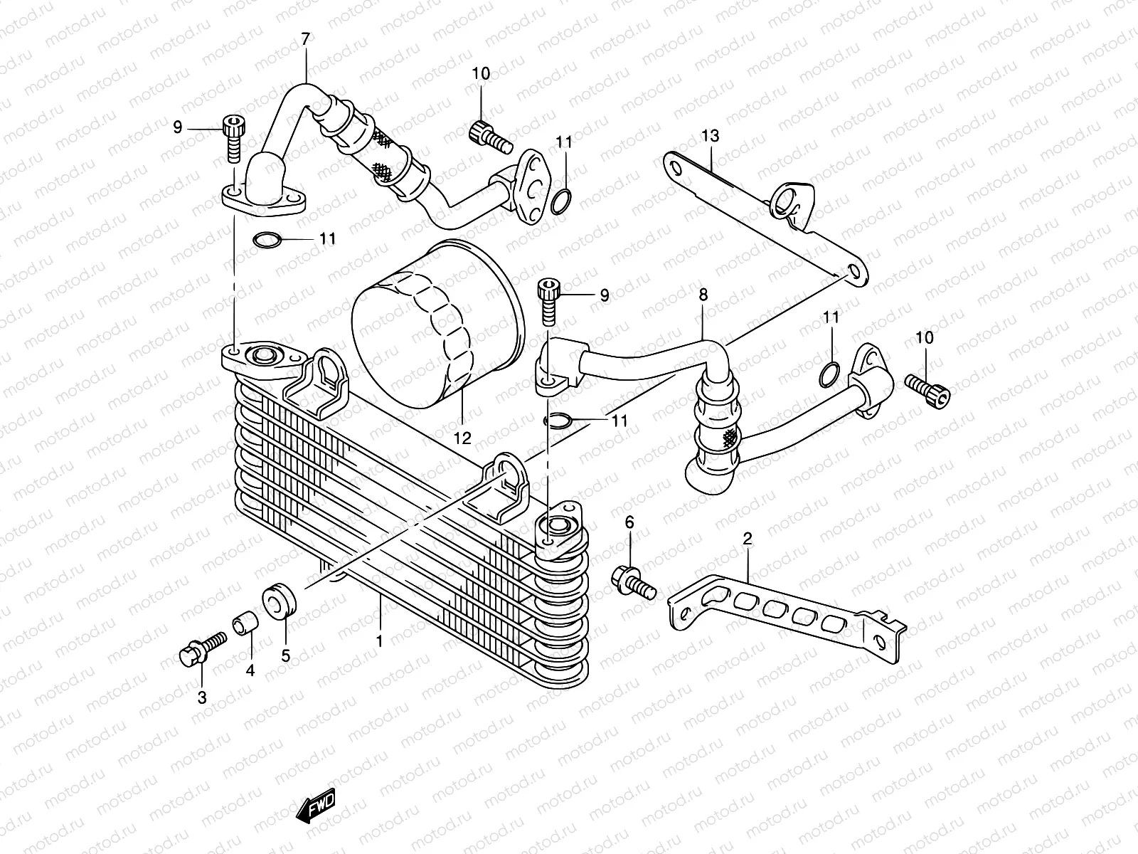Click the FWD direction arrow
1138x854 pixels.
point(315,808)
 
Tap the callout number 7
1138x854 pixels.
point(306,40)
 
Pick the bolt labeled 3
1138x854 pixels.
point(201,648)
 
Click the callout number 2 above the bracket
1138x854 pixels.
point(747,539)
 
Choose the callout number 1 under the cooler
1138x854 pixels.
point(380,640)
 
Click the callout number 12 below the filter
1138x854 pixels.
point(462,438)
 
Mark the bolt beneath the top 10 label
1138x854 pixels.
point(490,137)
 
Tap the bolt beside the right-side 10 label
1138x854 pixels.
point(928,389)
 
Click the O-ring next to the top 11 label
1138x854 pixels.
point(560,203)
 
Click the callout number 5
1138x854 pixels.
point(285,656)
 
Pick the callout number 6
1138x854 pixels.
point(629,523)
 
